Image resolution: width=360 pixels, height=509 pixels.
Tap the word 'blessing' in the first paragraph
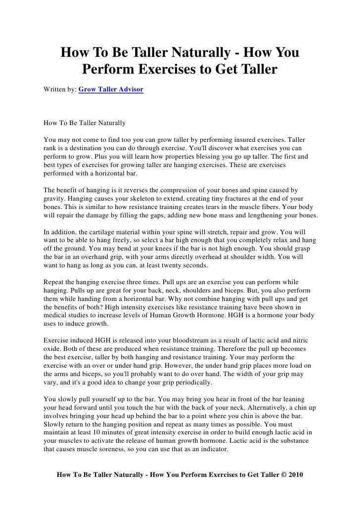tap(203, 157)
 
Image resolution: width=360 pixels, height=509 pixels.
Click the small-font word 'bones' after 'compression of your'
tap(231, 190)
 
